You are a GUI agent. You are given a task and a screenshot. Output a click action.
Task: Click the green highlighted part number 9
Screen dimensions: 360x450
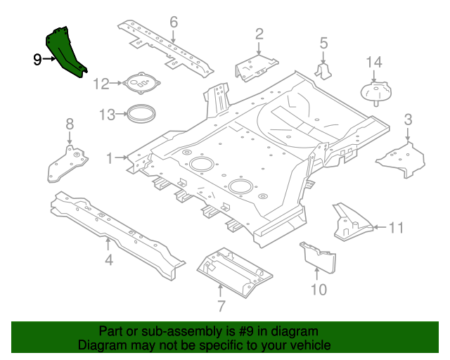click(x=67, y=51)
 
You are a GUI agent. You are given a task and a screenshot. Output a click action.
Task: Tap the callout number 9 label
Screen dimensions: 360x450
click(x=37, y=60)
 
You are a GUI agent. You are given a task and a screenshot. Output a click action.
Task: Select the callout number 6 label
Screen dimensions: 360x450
click(x=174, y=22)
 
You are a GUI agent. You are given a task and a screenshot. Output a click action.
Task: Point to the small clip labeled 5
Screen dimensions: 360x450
click(x=325, y=72)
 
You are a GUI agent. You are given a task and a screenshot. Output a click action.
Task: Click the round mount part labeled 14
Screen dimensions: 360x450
click(x=376, y=94)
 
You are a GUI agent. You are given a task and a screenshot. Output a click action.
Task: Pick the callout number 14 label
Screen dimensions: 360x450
click(x=373, y=63)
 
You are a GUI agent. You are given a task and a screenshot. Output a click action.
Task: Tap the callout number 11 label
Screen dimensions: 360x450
click(x=397, y=227)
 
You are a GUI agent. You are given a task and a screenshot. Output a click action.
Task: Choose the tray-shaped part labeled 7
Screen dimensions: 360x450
click(x=234, y=270)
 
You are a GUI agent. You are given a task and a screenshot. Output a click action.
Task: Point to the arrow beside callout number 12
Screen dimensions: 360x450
click(x=117, y=84)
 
